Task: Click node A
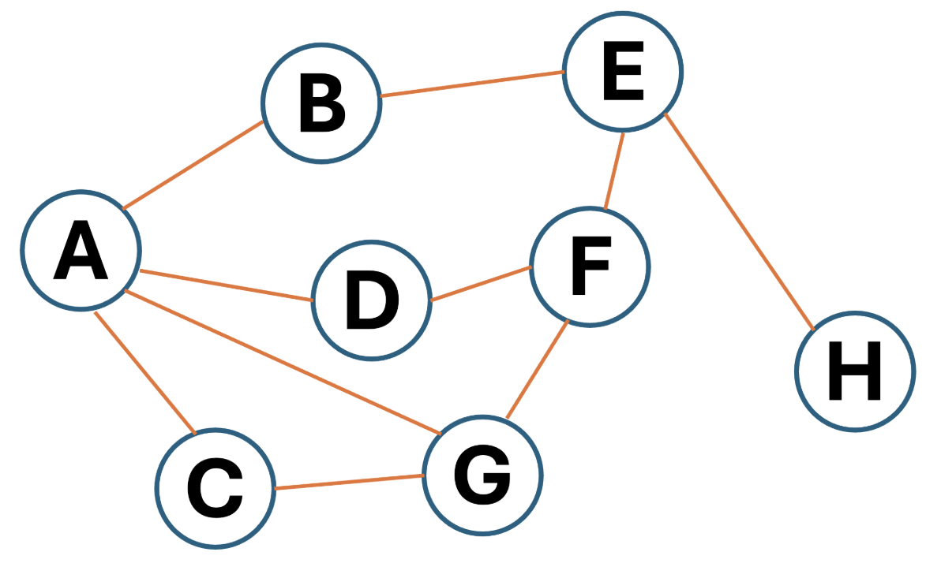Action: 81,250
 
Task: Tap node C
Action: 215,488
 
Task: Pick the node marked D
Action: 372,300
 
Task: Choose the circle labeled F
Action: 590,267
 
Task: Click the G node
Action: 482,475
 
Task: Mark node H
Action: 855,371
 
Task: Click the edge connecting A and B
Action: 193,166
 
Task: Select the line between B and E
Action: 471,84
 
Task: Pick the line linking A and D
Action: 226,285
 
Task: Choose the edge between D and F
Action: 480,284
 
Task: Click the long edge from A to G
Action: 283,362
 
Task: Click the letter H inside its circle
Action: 855,371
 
